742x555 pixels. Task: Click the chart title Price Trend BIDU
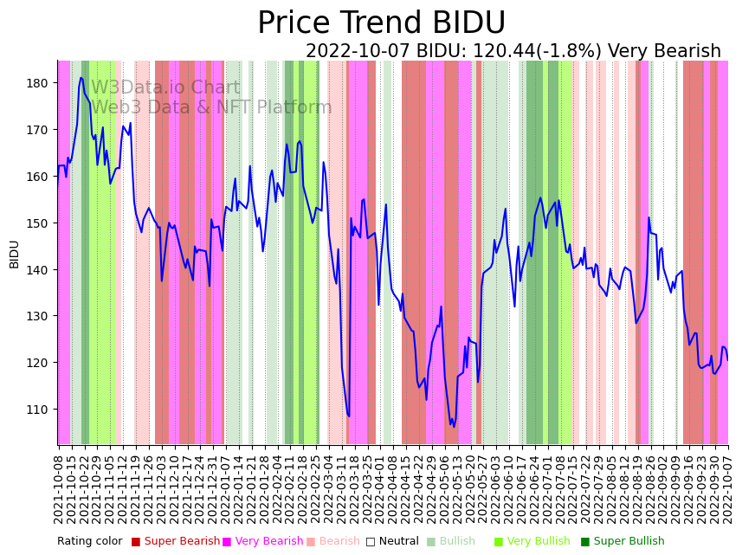[381, 23]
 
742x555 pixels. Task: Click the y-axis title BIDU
[15, 254]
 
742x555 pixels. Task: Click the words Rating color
[90, 541]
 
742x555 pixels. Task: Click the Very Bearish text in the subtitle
[664, 52]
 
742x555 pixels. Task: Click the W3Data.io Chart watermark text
[165, 88]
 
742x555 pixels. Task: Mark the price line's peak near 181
[81, 78]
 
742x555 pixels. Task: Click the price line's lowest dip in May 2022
[453, 426]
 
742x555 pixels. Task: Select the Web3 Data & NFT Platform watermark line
[211, 108]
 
